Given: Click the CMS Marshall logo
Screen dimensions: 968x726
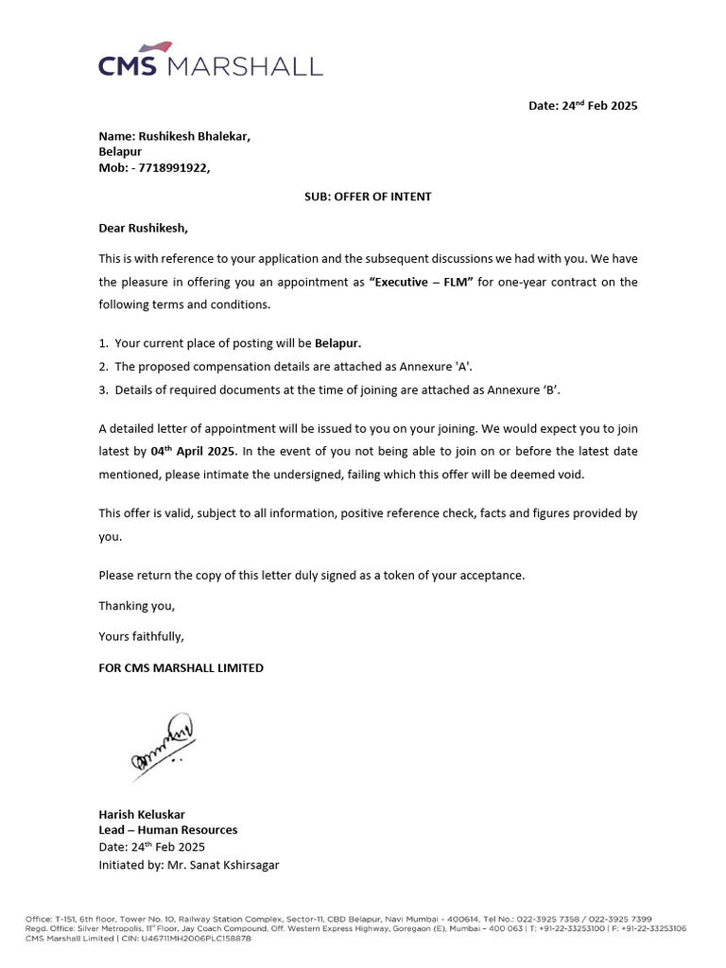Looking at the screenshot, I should tap(210, 60).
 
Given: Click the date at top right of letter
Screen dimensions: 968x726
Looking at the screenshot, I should tap(582, 106).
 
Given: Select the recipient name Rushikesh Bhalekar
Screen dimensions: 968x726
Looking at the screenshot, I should tap(195, 136).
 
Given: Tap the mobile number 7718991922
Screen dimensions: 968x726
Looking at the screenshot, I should tap(172, 168).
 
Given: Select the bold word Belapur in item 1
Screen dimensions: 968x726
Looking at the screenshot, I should tap(337, 343).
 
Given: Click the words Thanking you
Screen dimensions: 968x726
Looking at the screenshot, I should tap(137, 606).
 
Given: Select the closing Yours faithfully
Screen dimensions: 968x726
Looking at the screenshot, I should tap(142, 636).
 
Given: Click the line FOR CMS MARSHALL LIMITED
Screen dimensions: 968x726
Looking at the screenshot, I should tap(181, 667).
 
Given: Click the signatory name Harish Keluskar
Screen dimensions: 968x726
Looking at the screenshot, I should tap(142, 814).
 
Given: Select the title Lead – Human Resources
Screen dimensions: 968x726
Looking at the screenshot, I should tap(168, 830).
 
